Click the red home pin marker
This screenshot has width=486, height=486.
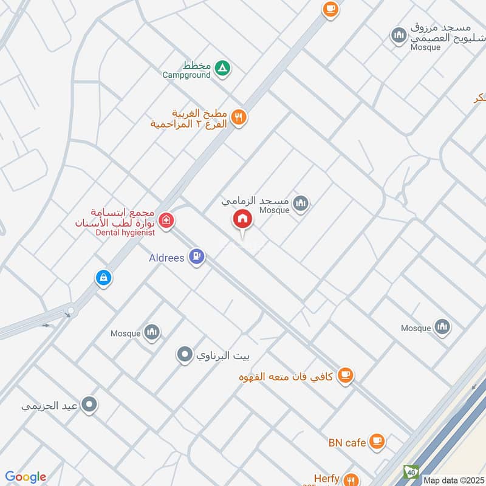242,219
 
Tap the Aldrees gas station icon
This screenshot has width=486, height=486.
196,257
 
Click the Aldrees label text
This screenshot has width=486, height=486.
167,258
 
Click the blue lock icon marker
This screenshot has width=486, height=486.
103,278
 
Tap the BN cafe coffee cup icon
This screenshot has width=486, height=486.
377,440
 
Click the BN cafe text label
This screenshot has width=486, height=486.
347,442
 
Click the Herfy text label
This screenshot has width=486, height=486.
326,479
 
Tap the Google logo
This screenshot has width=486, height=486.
26,477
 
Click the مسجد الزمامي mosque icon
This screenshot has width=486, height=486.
300,204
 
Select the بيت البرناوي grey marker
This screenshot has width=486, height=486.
185,354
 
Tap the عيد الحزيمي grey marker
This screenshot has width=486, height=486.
90,404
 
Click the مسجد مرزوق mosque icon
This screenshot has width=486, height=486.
399,35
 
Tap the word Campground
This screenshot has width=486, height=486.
187,75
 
